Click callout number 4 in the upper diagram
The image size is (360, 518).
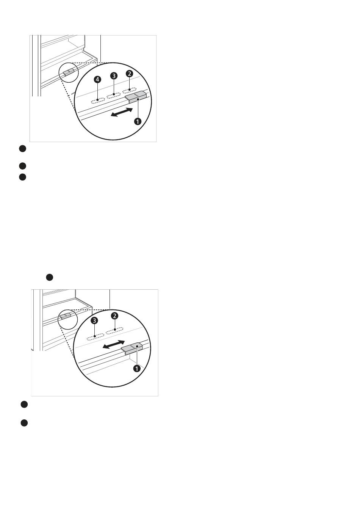[x=97, y=79]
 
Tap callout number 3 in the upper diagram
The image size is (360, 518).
[x=113, y=75]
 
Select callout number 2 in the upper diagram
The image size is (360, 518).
[x=129, y=74]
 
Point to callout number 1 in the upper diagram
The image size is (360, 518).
[x=138, y=121]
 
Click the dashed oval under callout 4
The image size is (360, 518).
[x=98, y=100]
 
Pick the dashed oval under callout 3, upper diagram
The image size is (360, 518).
[x=113, y=95]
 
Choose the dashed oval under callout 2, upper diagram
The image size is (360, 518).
[x=129, y=90]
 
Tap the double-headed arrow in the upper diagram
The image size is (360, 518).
[x=122, y=112]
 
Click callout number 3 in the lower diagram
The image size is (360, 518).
[x=94, y=320]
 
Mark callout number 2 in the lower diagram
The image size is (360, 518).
[x=114, y=316]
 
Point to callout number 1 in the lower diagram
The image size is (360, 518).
[x=137, y=368]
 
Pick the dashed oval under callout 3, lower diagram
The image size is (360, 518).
[x=95, y=337]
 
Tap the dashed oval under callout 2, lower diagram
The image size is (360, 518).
[x=114, y=331]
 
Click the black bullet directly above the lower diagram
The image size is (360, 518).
[x=49, y=277]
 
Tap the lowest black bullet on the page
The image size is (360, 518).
[x=24, y=423]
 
